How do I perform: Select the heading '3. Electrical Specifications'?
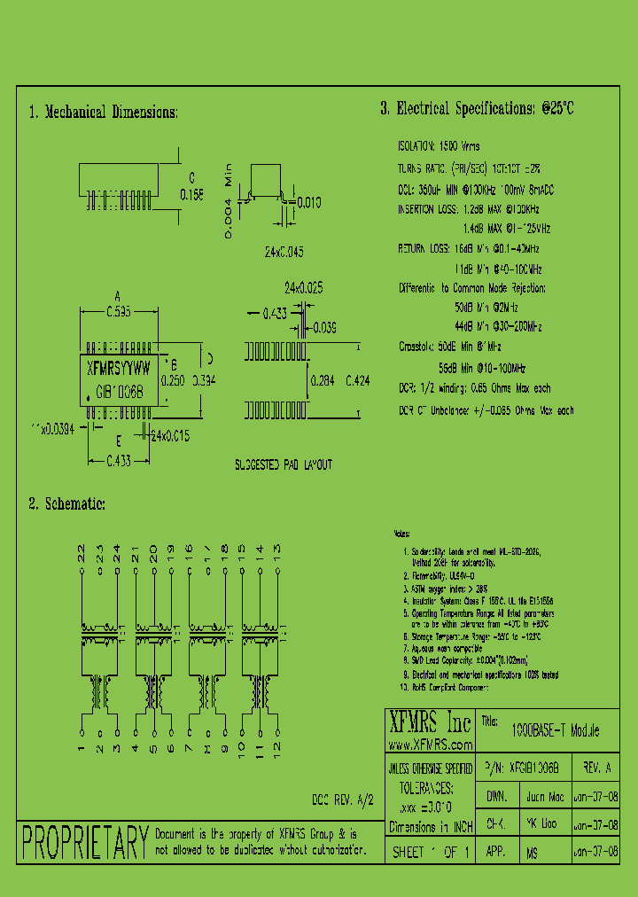click(477, 109)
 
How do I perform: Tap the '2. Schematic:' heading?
click(67, 503)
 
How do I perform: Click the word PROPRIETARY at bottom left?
click(85, 842)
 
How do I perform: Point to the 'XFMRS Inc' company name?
click(432, 721)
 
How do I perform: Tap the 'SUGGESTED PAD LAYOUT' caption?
click(283, 464)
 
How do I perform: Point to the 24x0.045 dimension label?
click(283, 252)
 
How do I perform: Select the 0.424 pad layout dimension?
click(357, 380)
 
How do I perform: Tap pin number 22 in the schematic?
click(82, 553)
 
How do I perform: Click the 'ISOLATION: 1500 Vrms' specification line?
click(438, 145)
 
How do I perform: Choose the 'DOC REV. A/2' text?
click(343, 799)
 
